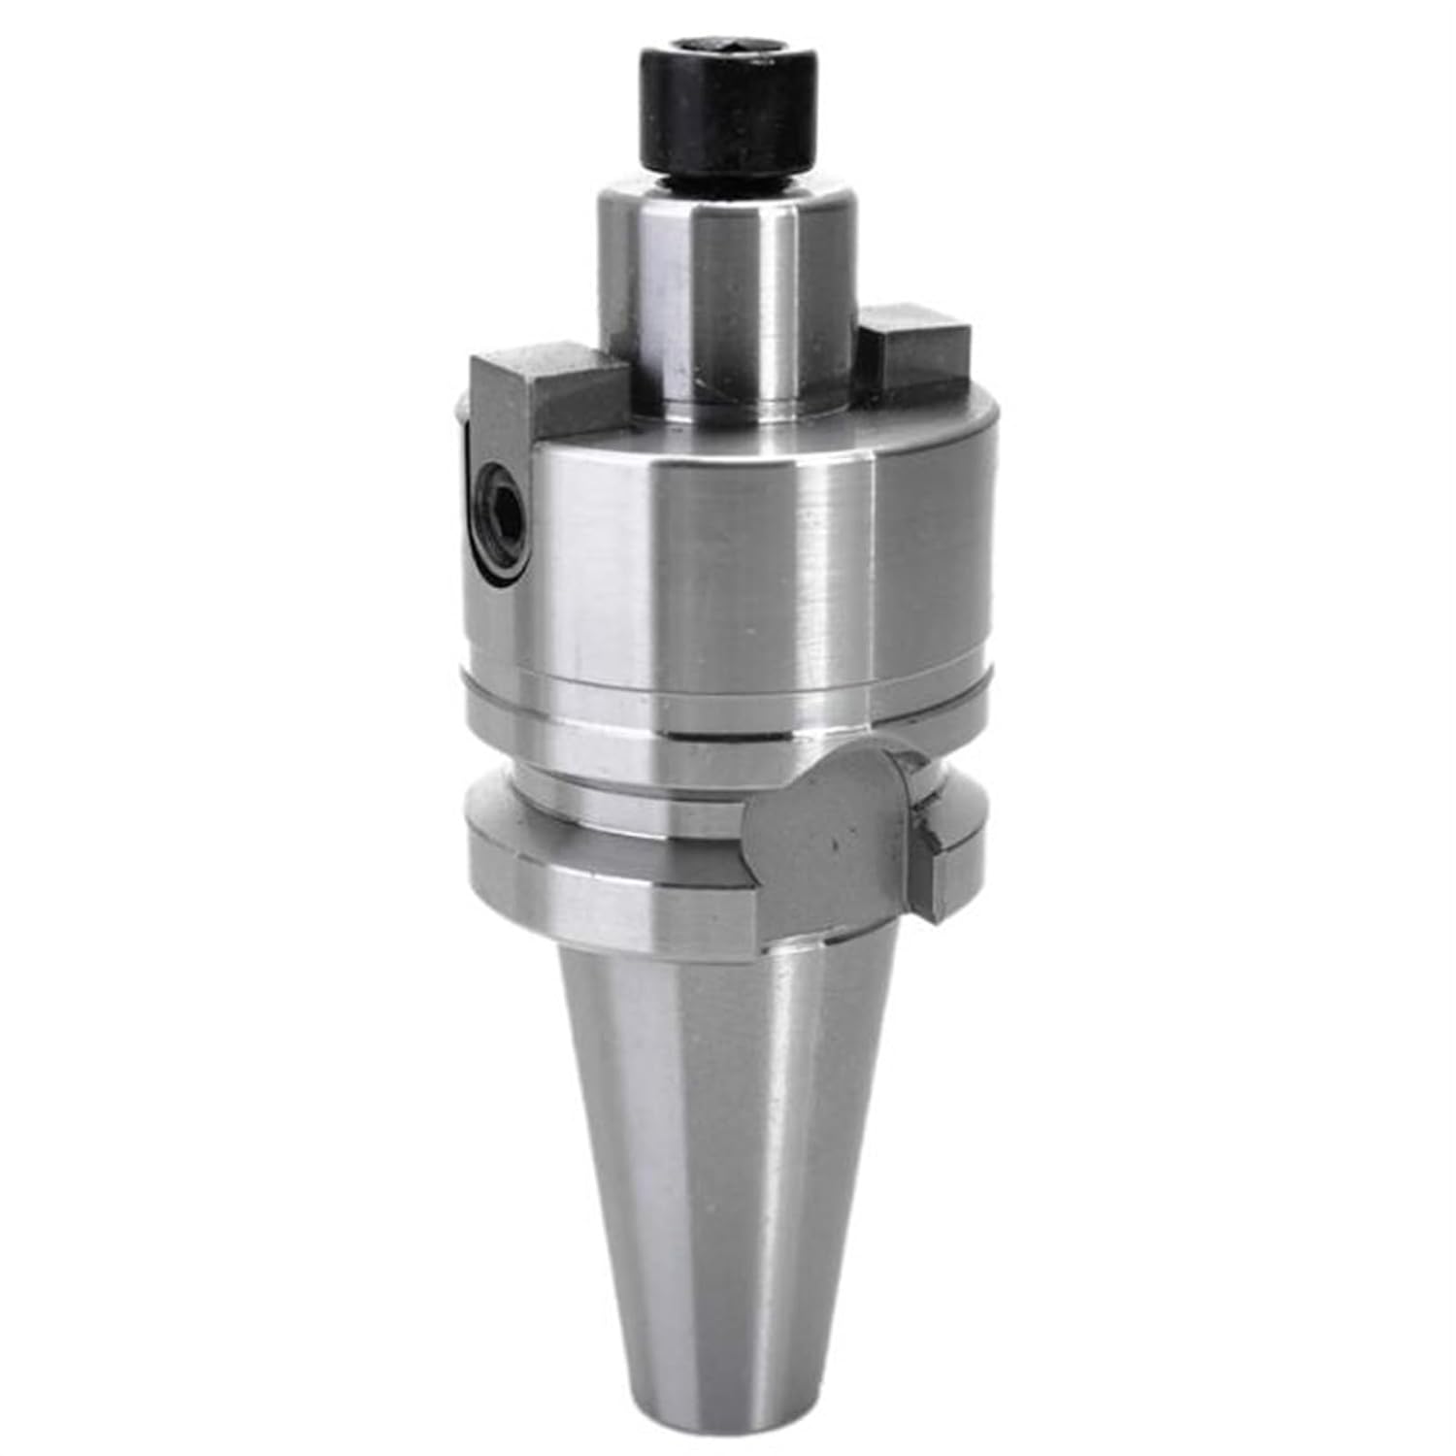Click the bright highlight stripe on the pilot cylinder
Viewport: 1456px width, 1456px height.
pyautogui.click(x=777, y=291)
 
